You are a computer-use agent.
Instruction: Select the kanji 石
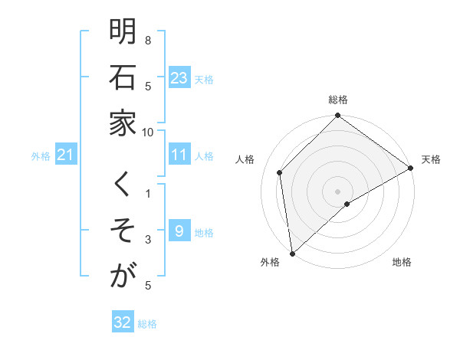tap(123, 79)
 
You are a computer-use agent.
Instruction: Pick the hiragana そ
tap(123, 231)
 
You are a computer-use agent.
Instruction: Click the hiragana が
tap(123, 276)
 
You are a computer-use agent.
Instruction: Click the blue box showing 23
tap(179, 78)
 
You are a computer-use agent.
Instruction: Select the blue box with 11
tap(179, 155)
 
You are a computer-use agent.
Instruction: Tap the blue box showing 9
tap(179, 231)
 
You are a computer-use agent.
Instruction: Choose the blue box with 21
tap(65, 155)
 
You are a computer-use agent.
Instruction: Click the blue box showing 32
tap(123, 322)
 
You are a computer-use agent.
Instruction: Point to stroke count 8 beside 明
tap(148, 40)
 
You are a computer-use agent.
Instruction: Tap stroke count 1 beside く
tap(148, 194)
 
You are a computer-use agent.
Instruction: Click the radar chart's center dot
tap(337, 191)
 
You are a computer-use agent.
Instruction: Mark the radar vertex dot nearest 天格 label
tap(410, 169)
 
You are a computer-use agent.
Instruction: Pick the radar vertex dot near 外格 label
tap(292, 253)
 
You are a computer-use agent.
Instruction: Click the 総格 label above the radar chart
tap(337, 100)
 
